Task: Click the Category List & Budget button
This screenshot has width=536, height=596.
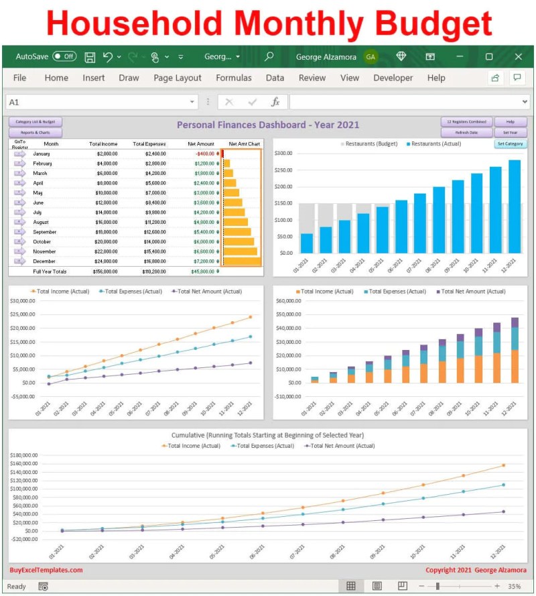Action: point(36,122)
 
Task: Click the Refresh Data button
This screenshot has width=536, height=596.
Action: point(466,133)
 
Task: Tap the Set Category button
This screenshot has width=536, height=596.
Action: point(511,144)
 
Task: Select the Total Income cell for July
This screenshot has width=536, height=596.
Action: point(104,213)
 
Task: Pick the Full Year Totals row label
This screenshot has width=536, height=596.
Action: point(50,272)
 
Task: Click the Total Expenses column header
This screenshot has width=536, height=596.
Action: point(149,143)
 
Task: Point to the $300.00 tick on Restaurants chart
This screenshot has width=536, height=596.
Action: point(284,154)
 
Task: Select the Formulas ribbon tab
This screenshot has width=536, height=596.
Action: point(234,78)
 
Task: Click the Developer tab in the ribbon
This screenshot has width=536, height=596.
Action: point(393,78)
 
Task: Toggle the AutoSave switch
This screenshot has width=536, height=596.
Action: point(64,57)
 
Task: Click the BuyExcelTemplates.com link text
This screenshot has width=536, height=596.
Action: point(46,571)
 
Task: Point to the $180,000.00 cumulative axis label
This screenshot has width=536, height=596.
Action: point(24,455)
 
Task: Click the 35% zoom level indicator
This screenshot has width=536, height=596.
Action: point(515,586)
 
